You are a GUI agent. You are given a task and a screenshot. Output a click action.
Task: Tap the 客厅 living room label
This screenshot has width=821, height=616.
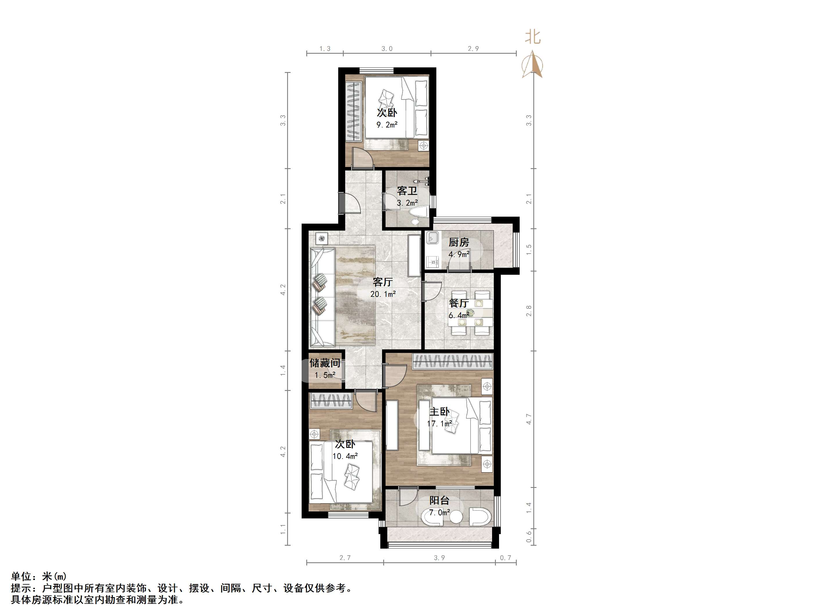(383, 282)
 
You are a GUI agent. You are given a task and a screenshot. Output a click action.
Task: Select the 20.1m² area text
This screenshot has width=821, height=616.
(383, 294)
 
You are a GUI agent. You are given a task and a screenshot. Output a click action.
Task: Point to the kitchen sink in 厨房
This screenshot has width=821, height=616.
(432, 237)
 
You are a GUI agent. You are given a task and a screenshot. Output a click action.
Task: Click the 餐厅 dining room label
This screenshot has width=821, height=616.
(459, 303)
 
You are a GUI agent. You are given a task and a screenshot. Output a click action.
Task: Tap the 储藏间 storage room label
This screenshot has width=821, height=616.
(325, 363)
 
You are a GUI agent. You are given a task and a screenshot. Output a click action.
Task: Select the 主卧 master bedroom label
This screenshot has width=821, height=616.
(440, 412)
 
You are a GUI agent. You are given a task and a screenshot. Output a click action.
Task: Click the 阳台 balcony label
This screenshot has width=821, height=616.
(440, 500)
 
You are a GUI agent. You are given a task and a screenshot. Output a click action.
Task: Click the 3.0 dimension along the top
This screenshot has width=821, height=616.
(387, 49)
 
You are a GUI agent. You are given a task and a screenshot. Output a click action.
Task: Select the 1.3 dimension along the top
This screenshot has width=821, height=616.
(325, 49)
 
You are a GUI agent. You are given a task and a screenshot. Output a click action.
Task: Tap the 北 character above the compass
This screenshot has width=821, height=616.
(533, 37)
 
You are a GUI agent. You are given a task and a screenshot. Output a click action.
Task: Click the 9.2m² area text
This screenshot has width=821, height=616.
(387, 125)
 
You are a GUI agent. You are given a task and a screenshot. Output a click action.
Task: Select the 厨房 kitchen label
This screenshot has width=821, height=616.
(459, 243)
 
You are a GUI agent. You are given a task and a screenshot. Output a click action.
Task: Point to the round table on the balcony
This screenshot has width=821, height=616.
(456, 517)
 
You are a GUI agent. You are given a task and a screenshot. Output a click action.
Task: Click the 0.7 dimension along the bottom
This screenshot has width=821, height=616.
(505, 558)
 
